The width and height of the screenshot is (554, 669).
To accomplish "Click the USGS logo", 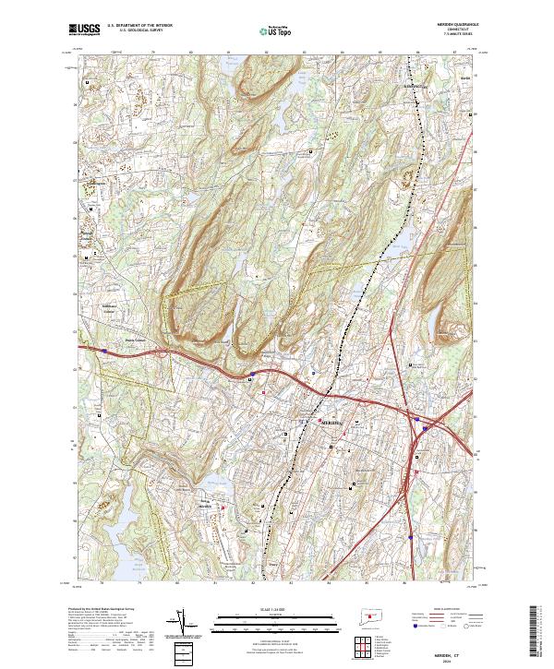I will (84, 30).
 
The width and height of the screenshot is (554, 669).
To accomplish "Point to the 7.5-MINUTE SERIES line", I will (452, 38).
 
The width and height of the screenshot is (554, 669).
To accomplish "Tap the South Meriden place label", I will (206, 507).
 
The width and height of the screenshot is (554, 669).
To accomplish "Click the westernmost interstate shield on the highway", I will (252, 374).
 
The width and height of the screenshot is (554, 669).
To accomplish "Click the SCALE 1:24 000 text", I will (277, 609).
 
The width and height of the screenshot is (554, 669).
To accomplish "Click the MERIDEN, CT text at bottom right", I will (454, 644).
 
